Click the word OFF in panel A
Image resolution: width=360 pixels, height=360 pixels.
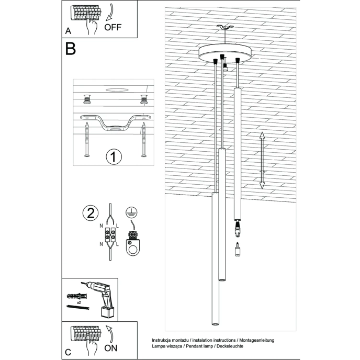[x=113, y=28]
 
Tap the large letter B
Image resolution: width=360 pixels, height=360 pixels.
[x=71, y=49]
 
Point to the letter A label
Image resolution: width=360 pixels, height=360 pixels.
[x=68, y=31]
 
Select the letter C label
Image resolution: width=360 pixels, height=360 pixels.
[x=68, y=353]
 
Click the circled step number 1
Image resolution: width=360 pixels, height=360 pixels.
[x=114, y=156]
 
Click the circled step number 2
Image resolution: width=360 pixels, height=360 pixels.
[x=90, y=213]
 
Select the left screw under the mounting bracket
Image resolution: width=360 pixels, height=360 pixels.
[x=87, y=139]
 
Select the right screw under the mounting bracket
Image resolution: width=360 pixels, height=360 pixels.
[x=143, y=139]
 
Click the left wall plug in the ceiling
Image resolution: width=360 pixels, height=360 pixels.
[x=87, y=98]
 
